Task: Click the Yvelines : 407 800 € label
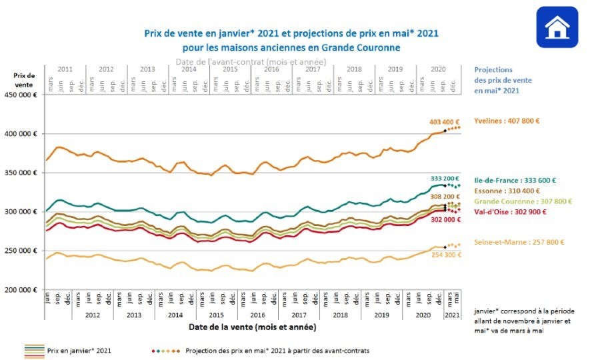(507, 121)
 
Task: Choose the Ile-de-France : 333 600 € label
(515, 179)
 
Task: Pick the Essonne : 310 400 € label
(506, 190)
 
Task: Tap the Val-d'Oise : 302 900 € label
(510, 211)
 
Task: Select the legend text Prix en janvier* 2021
(79, 349)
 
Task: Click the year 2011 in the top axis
(65, 69)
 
